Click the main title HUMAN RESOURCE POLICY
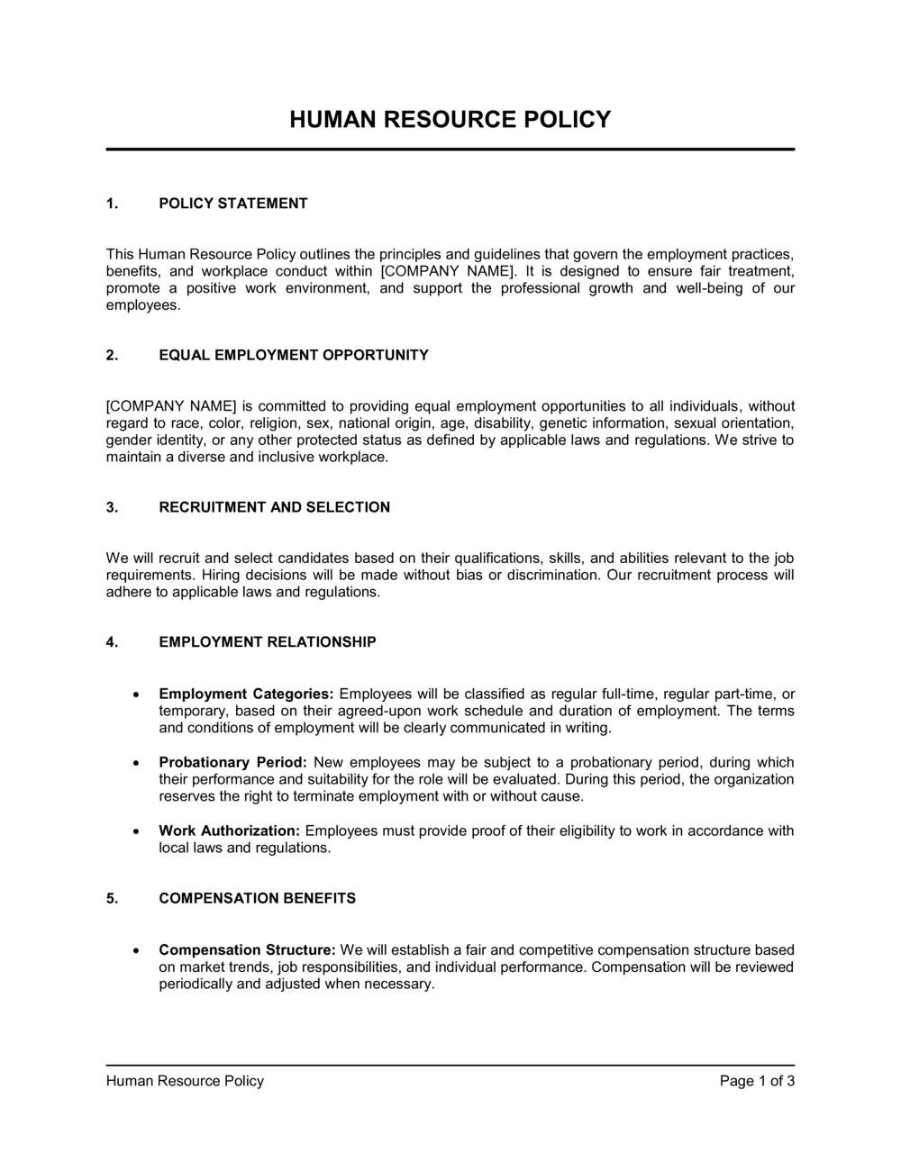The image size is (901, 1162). [450, 120]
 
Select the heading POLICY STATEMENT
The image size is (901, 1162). [232, 204]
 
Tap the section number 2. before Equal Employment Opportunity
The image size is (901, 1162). [112, 355]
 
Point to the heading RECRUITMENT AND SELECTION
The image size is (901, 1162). [274, 507]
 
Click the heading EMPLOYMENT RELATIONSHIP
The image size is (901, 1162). [268, 642]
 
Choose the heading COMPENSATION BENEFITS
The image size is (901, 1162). [257, 898]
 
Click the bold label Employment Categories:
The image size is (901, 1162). [246, 694]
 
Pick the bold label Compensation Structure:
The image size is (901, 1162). [247, 950]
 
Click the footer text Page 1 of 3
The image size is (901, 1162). [757, 1081]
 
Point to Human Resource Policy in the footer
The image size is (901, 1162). [185, 1081]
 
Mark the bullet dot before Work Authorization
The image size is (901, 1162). [134, 831]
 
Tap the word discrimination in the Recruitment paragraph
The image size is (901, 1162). [551, 575]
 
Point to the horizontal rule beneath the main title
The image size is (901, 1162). [450, 150]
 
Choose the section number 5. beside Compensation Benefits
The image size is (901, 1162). [112, 898]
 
